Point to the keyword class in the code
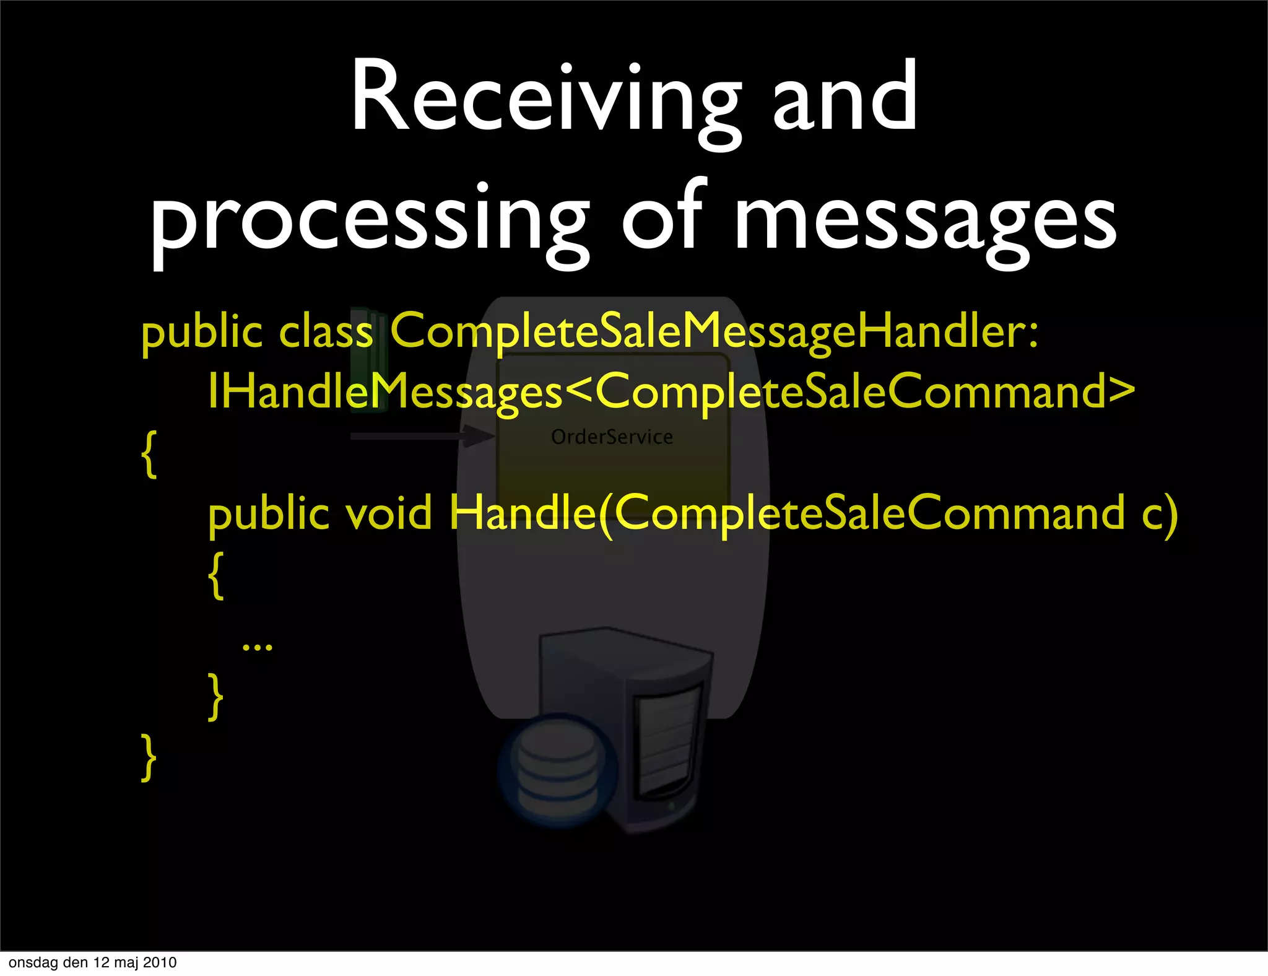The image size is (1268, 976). click(326, 331)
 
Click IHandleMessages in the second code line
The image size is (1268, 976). click(384, 392)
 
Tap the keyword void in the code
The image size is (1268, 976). click(389, 514)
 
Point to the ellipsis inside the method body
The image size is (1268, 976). click(257, 647)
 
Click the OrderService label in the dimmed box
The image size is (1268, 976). click(612, 437)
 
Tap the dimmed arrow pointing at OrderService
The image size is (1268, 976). click(421, 436)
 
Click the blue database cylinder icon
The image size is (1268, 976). click(557, 770)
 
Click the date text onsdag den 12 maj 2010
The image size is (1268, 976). click(93, 962)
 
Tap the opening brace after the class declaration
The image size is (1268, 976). click(149, 453)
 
